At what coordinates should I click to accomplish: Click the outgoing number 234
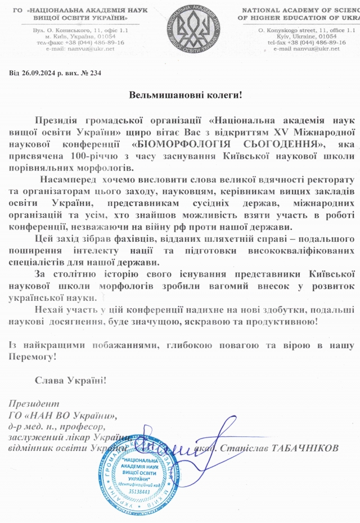tap(95, 73)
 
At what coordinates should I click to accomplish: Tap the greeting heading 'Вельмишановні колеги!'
tap(185, 94)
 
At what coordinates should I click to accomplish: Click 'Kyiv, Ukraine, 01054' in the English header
tap(296, 35)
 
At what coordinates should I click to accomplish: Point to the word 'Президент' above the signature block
tap(34, 404)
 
